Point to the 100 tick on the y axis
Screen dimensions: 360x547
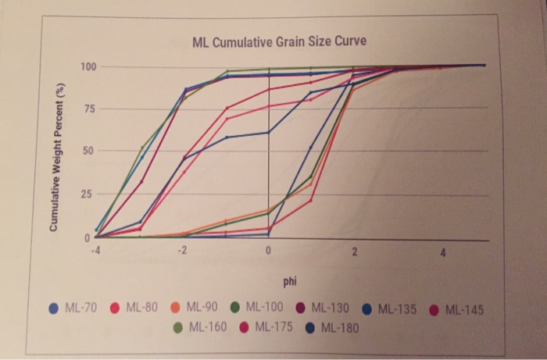88,66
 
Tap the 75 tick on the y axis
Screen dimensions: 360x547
88,109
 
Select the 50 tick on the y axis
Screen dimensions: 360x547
88,150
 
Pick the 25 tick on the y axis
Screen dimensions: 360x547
88,194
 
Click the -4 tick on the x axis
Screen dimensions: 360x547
95,251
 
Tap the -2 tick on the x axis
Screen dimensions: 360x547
181,251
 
